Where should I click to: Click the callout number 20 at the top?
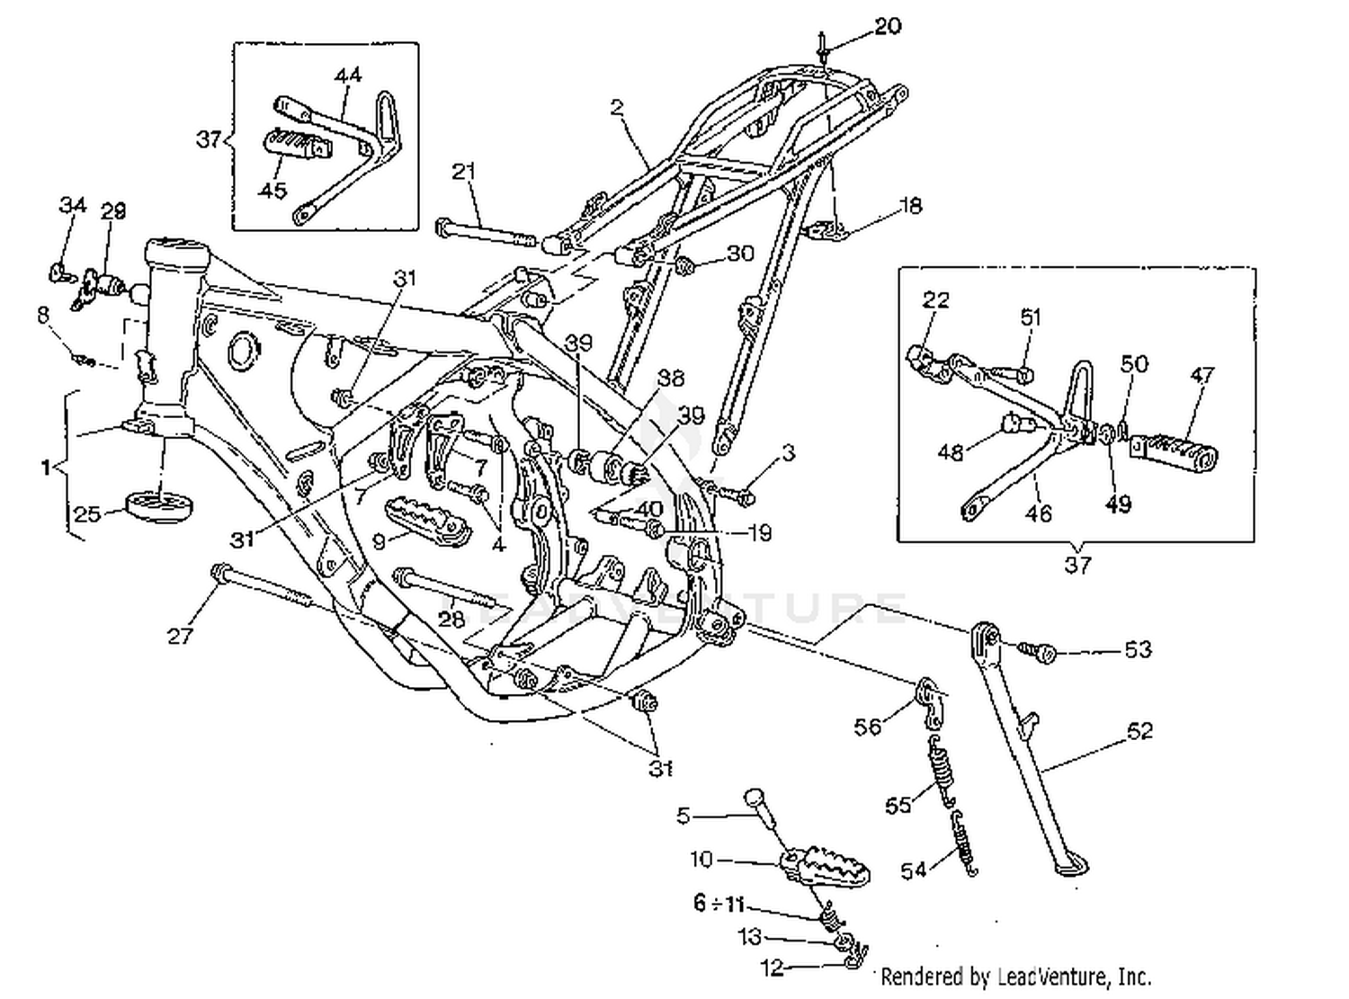point(887,26)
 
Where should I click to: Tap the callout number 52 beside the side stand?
point(1139,731)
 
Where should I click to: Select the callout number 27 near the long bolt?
point(180,636)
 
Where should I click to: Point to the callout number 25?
point(87,514)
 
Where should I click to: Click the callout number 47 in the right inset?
point(1202,375)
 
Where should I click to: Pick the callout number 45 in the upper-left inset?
point(272,190)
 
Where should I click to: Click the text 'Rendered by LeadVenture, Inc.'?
point(1015,976)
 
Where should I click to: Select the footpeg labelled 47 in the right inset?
point(1175,450)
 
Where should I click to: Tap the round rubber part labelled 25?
point(159,506)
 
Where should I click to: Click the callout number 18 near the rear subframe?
point(910,206)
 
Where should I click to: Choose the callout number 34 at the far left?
point(72,205)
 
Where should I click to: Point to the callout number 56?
point(867,726)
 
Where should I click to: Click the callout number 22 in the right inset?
point(935,299)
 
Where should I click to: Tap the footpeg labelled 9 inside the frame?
point(428,522)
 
